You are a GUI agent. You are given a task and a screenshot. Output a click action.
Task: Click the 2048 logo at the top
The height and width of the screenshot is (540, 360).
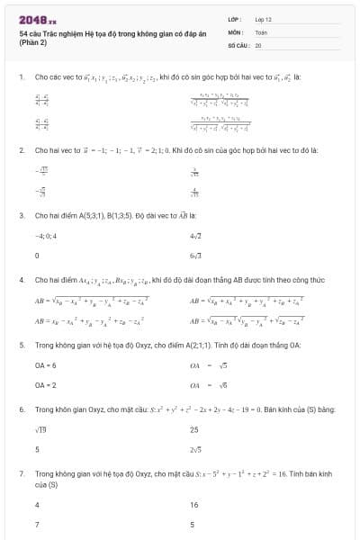(37, 18)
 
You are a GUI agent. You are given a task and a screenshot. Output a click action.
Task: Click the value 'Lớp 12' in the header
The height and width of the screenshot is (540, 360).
(264, 18)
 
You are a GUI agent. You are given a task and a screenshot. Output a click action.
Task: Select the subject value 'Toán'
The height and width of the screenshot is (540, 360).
(261, 31)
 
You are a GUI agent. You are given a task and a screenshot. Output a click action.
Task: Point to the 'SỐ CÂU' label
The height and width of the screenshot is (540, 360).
(238, 43)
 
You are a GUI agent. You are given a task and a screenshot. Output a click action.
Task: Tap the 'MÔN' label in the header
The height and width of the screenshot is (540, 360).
(236, 31)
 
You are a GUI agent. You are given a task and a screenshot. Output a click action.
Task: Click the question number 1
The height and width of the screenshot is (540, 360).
(21, 77)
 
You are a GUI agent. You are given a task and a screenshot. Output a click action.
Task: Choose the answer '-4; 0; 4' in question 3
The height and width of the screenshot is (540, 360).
(46, 237)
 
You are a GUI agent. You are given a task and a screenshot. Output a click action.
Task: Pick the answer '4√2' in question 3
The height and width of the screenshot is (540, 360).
(196, 237)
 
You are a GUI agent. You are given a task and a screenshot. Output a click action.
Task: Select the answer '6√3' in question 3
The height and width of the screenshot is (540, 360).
(196, 256)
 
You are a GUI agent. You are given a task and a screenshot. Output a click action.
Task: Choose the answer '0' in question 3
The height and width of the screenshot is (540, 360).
(37, 256)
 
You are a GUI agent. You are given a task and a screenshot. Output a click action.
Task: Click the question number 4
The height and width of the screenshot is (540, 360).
(21, 280)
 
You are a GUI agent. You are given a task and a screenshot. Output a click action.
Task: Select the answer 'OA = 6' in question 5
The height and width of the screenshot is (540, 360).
(46, 365)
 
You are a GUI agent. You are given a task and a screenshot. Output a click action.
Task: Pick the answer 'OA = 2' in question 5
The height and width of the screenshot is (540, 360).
(46, 384)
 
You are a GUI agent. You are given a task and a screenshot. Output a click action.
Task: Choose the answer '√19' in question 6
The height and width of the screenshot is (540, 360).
(40, 430)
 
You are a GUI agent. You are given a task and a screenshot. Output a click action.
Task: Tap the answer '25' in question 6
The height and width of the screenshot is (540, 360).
(194, 430)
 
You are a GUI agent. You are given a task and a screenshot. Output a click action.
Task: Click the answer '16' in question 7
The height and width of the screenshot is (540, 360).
(194, 505)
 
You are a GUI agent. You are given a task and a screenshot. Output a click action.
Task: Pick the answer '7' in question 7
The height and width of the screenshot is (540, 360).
(37, 524)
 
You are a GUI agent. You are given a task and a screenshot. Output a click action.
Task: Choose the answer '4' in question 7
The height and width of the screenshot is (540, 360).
(37, 505)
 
